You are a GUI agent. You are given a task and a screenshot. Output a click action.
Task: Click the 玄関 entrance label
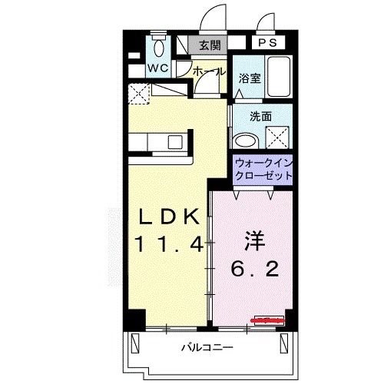[209, 45]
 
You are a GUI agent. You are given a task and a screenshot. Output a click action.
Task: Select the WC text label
[159, 68]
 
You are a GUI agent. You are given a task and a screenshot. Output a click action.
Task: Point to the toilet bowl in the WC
[159, 49]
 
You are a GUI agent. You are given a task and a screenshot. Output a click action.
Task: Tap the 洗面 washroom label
[261, 117]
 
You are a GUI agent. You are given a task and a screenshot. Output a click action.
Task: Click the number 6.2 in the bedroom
[254, 270]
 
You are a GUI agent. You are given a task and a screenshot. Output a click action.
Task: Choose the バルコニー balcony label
[207, 346]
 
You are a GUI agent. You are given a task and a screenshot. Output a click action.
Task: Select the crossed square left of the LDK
[139, 94]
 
